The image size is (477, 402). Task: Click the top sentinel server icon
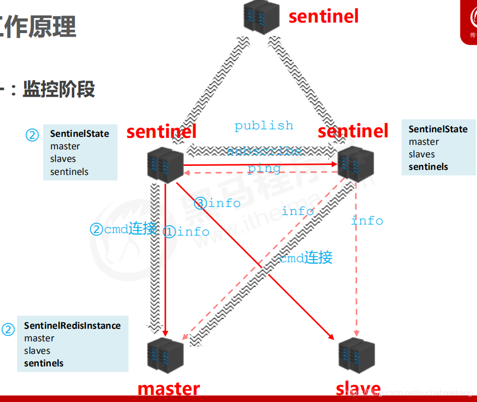(x=261, y=17)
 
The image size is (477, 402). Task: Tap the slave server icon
(x=356, y=355)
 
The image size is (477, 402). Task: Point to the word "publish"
(x=264, y=125)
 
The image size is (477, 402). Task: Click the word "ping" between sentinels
(x=264, y=168)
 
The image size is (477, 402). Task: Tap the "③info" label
(x=217, y=203)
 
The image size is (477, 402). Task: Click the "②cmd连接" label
(x=123, y=229)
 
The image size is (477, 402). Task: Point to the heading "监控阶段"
(x=59, y=89)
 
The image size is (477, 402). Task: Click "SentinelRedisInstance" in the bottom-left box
(x=72, y=326)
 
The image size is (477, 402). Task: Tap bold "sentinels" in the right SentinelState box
(x=428, y=167)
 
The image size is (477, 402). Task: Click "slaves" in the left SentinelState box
(x=63, y=159)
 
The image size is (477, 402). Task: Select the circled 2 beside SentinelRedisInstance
(x=9, y=329)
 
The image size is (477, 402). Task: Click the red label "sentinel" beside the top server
(x=324, y=16)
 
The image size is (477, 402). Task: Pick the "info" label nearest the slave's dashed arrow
(x=367, y=221)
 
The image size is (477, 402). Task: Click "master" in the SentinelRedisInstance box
(x=39, y=338)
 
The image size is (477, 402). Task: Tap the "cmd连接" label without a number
(x=306, y=258)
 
